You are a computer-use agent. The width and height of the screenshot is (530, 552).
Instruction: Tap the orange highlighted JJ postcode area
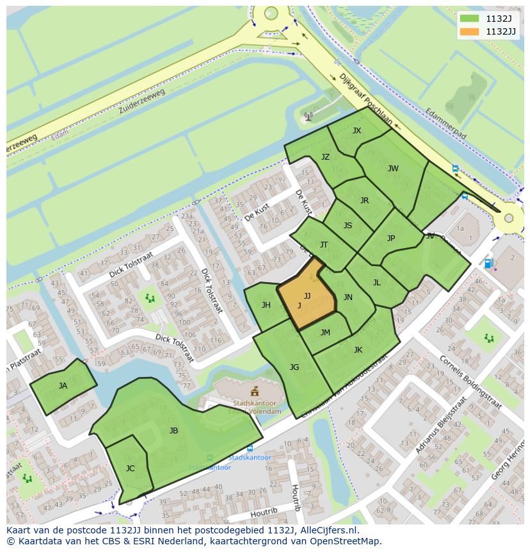(306, 297)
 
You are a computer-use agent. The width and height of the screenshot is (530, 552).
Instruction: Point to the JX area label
(357, 131)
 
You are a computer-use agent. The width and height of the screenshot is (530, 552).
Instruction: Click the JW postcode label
(393, 169)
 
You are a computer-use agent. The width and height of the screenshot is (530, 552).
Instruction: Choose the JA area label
(63, 386)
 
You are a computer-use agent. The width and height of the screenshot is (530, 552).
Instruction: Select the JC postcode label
(130, 469)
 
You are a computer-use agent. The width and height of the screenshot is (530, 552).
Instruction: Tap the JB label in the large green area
(173, 431)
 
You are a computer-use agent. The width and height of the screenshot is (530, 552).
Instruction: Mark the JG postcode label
(294, 367)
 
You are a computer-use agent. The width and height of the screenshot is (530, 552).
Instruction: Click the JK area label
(358, 349)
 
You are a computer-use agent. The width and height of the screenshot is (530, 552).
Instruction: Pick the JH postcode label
(266, 305)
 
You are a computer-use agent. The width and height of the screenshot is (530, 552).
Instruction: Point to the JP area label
(391, 238)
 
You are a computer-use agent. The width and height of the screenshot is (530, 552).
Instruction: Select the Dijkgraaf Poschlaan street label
(365, 99)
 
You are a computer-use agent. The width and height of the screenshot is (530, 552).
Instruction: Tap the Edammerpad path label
(446, 123)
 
